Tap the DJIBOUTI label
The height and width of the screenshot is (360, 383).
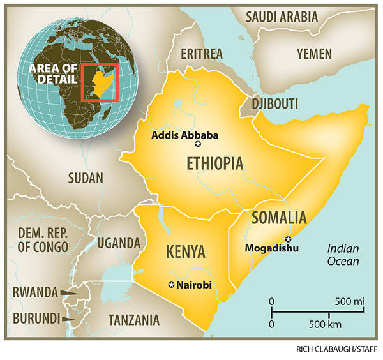[x=276, y=103]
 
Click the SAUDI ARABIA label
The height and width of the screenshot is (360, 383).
[x=282, y=17]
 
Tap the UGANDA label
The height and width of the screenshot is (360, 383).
[x=118, y=243]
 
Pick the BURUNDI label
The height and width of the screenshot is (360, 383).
[x=33, y=317]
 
